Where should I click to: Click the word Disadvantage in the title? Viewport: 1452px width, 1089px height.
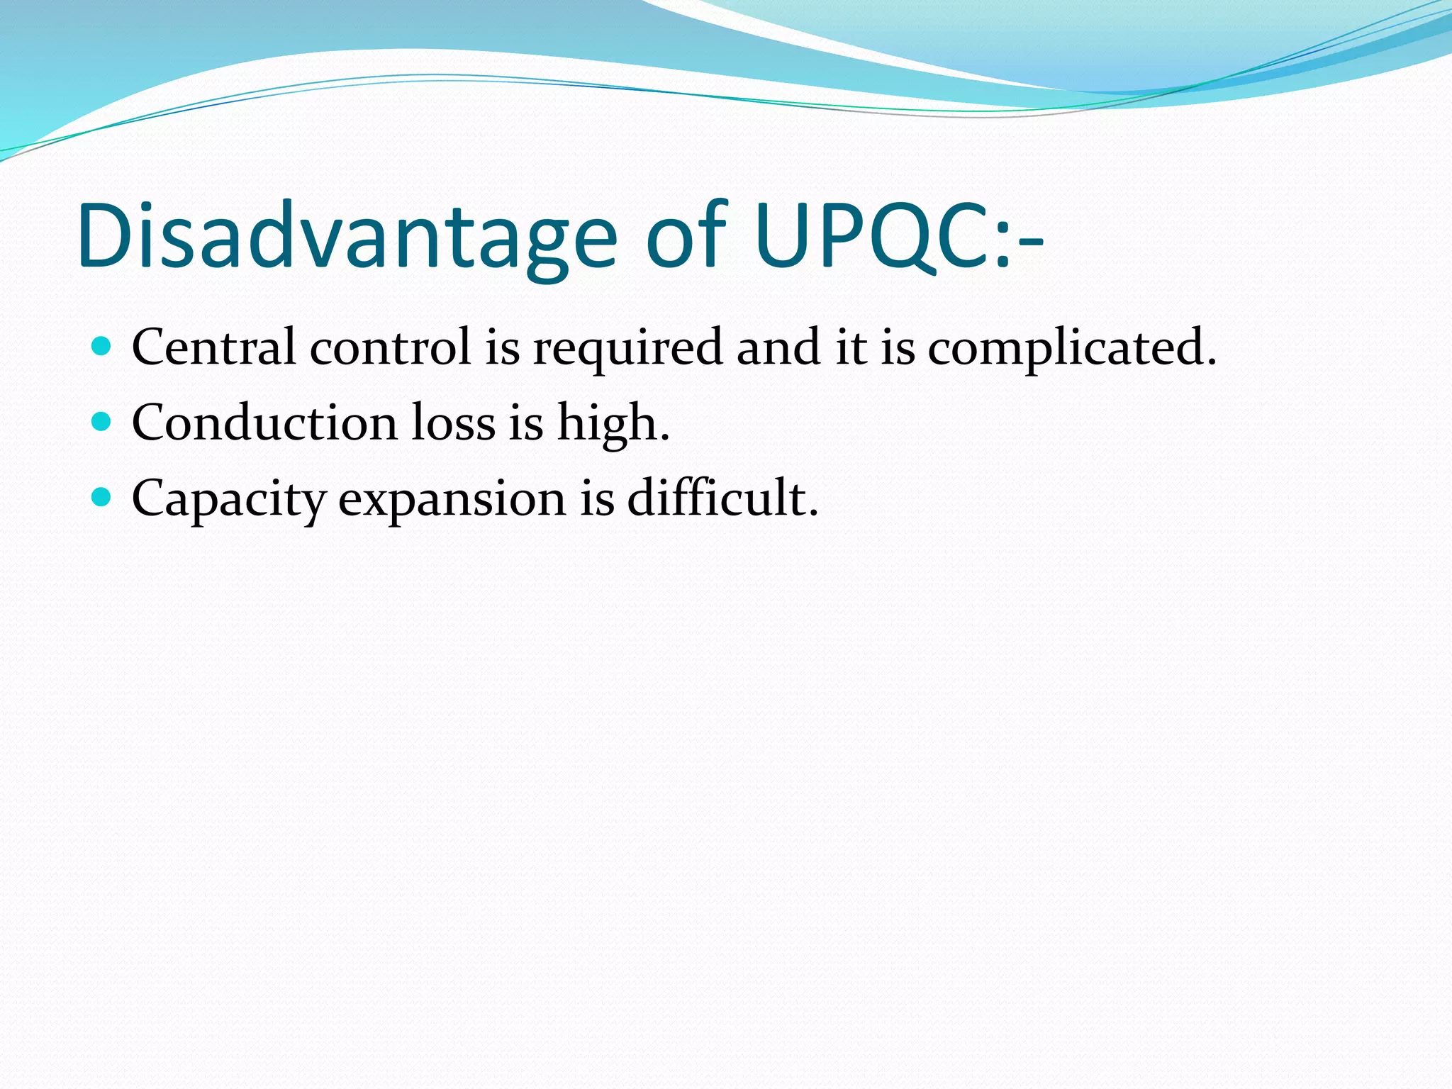tap(347, 238)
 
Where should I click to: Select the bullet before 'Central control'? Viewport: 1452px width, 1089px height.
tap(102, 347)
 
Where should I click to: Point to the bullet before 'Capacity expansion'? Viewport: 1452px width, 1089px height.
tap(102, 498)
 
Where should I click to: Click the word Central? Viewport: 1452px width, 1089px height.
tap(213, 347)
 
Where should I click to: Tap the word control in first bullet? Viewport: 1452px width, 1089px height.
tap(390, 347)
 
